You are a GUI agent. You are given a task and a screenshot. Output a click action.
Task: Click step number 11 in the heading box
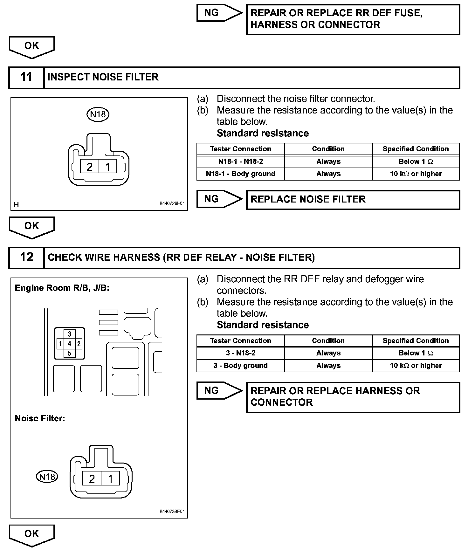click(x=26, y=77)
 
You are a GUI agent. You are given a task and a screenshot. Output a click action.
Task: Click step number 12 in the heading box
click(x=26, y=257)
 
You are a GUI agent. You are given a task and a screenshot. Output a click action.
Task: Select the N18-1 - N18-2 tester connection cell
click(x=240, y=162)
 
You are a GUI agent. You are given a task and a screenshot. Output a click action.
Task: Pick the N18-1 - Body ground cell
click(x=240, y=174)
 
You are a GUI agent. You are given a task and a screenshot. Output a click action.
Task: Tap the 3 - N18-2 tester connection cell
click(x=240, y=353)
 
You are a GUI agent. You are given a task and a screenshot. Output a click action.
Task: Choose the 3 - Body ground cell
click(x=240, y=366)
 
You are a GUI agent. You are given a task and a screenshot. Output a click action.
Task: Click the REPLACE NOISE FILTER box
click(x=353, y=200)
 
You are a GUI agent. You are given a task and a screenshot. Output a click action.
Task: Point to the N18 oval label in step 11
click(x=98, y=114)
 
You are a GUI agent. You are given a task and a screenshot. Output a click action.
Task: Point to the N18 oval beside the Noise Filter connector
click(x=47, y=477)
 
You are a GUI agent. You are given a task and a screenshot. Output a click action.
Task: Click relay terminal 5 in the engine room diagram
click(x=69, y=353)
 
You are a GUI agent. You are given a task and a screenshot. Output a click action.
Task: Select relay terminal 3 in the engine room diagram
click(x=69, y=334)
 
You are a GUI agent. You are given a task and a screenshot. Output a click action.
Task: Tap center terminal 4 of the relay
click(x=69, y=344)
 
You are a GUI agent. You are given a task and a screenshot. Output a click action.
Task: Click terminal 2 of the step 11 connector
click(x=90, y=167)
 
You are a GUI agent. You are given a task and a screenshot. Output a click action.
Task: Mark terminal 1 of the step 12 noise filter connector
click(x=110, y=478)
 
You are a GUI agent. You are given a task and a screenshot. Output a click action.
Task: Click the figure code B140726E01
click(x=172, y=203)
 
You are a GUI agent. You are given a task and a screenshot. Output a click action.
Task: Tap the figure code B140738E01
click(x=172, y=512)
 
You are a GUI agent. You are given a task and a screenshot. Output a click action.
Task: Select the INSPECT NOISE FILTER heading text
click(x=103, y=77)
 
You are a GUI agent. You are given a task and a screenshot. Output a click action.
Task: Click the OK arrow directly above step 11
click(x=32, y=47)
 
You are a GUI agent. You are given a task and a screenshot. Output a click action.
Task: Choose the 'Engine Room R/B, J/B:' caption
click(x=62, y=288)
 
